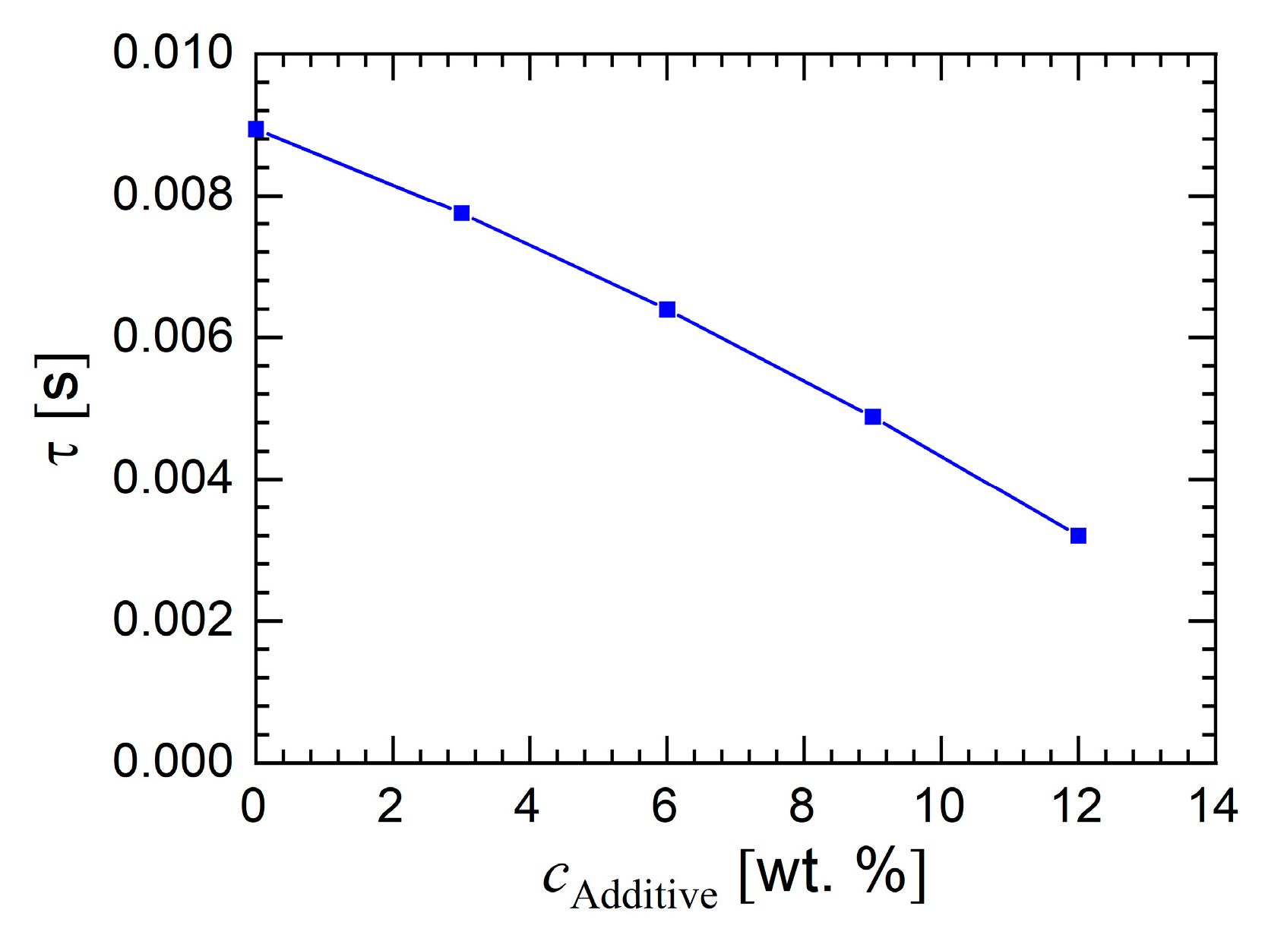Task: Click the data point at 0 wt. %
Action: [x=256, y=129]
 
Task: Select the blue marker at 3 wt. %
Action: [x=461, y=213]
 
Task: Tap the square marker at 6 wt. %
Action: [x=667, y=309]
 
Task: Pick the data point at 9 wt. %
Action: [x=873, y=416]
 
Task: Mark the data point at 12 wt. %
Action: [x=1078, y=535]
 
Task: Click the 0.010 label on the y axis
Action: [x=172, y=53]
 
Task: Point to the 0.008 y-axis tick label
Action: [x=172, y=195]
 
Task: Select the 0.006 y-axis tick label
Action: [x=172, y=336]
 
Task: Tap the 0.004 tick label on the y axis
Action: [x=172, y=479]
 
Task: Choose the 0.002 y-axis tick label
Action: [x=172, y=620]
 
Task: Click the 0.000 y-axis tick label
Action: [x=172, y=761]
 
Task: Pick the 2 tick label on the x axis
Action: [x=391, y=807]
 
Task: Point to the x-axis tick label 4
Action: [x=527, y=807]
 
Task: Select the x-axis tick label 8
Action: [x=802, y=807]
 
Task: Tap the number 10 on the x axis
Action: [x=940, y=807]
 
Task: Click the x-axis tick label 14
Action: [x=1213, y=807]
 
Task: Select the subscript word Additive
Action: [x=644, y=895]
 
